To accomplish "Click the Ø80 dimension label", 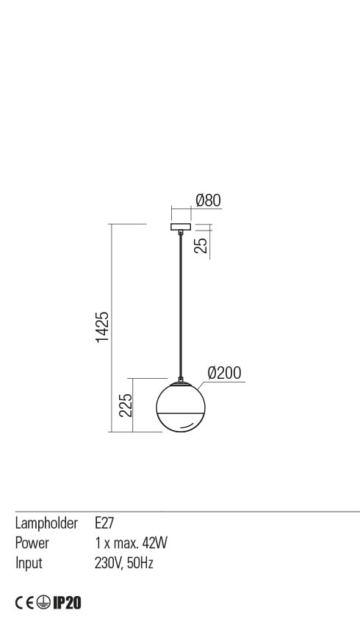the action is (208, 200).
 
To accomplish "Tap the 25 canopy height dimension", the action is (202, 245).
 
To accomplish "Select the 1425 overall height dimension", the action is (102, 327).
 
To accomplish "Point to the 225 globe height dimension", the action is (126, 405).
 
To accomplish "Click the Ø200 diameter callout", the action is (225, 373).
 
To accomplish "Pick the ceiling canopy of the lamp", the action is (181, 228).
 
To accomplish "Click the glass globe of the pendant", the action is (181, 407).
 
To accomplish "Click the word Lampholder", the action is (46, 523).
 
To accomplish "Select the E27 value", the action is (104, 523).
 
